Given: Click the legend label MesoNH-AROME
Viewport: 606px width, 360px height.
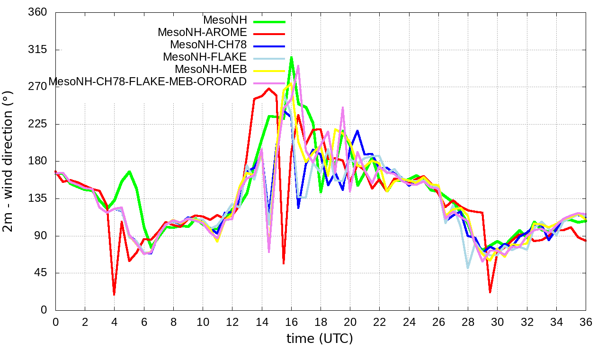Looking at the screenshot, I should point(202,33).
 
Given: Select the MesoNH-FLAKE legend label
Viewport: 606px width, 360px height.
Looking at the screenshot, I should point(205,57).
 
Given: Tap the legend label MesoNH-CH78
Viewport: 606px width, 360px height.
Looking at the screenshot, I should point(208,45).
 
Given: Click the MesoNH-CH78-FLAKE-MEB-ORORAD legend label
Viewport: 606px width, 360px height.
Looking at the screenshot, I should point(148,81).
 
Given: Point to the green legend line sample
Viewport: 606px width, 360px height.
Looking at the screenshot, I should point(269,21).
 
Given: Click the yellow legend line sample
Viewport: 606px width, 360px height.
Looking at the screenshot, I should point(269,71).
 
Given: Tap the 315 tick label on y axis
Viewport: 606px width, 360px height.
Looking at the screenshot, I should point(39,50).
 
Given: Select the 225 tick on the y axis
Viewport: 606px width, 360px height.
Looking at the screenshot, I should point(39,124).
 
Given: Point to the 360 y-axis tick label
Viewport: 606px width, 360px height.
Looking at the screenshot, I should point(39,12).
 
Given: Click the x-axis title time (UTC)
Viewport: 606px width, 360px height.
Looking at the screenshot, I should point(320,339).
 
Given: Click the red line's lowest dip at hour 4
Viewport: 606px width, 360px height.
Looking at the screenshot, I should point(114,294).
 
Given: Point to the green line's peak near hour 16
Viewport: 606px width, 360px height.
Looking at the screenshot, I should point(291,57).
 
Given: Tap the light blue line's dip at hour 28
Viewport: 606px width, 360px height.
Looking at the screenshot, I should point(468,268).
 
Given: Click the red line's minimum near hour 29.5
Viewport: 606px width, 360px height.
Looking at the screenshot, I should point(490,292).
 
